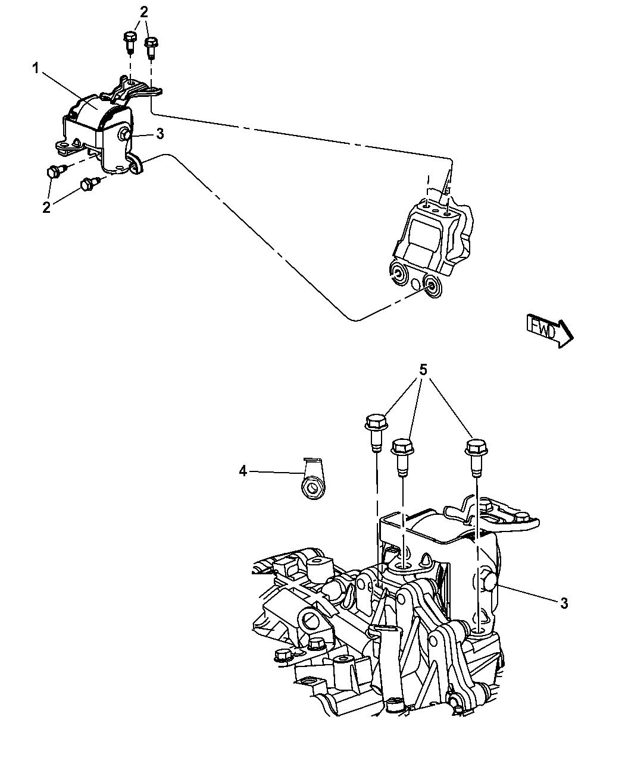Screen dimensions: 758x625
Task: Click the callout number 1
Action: click(x=36, y=69)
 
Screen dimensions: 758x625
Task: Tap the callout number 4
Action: click(x=242, y=471)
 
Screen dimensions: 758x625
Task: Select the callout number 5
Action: click(x=423, y=370)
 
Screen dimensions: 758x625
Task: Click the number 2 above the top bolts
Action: click(x=143, y=11)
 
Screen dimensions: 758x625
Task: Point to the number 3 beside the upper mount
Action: click(x=160, y=134)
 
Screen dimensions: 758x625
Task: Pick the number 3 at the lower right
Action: click(x=563, y=603)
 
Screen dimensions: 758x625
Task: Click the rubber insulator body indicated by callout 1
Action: click(x=95, y=113)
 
